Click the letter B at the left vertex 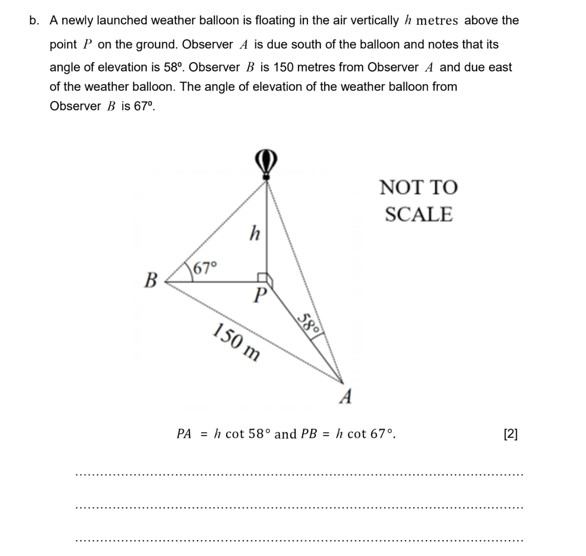coord(150,280)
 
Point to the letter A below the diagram coord(346,397)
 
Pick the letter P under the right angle coord(259,295)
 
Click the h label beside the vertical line coord(254,232)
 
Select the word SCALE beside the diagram coord(418,214)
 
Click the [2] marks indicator coord(510,434)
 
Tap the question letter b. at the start coord(34,21)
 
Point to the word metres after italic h coord(437,21)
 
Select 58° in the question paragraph coord(172,67)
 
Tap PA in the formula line coord(184,434)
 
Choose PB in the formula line coord(309,434)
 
